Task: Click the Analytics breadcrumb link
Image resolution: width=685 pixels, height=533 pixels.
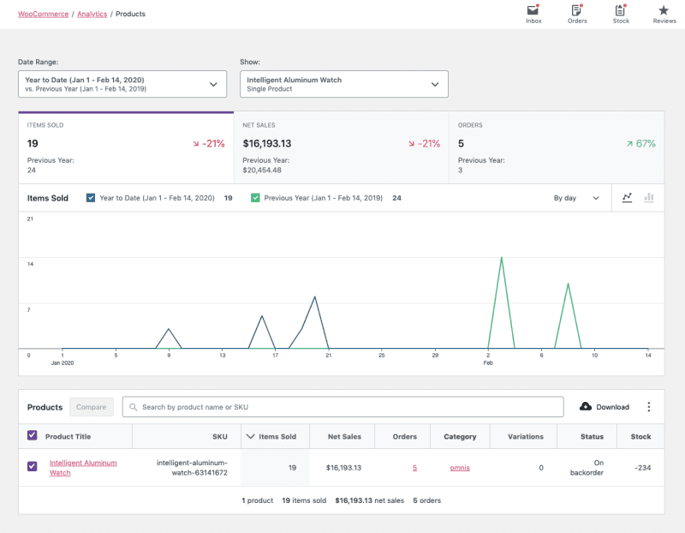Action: coord(92,15)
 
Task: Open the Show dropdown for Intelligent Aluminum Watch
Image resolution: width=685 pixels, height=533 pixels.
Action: coord(343,84)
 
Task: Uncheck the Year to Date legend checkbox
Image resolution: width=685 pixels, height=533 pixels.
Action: coord(91,198)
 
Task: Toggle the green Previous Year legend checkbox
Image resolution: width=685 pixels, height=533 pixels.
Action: coord(255,198)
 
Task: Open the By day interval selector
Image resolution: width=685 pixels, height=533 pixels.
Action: coord(576,198)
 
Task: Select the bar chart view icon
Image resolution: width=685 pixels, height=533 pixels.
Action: coord(649,198)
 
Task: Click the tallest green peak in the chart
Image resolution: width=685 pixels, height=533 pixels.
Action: coord(501,258)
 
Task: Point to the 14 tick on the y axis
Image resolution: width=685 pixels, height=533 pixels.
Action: coord(30,264)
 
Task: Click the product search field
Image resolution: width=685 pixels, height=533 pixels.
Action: coord(342,407)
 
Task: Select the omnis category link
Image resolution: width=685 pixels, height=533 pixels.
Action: coord(460,468)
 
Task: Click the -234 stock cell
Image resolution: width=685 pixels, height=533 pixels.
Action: coord(640,468)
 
